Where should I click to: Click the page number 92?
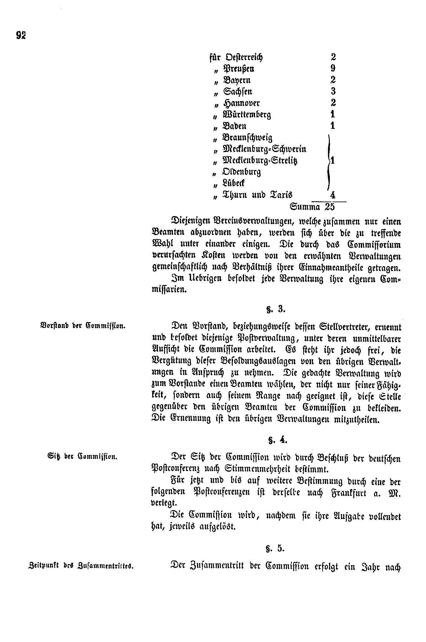coord(21,35)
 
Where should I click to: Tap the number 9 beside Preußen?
coord(333,68)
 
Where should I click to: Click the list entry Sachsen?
coord(237,92)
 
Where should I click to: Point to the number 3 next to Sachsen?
coord(333,91)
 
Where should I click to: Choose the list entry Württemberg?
coord(247,115)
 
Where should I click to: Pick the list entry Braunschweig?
coord(247,138)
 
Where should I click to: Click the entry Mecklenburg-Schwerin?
coord(264,149)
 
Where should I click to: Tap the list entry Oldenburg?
coord(241,172)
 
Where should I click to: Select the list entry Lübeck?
coord(233,183)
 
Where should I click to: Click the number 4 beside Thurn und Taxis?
coord(333,195)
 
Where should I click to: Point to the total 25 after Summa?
coord(330,207)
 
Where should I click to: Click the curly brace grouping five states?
coord(328,160)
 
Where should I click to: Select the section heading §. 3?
coord(276,310)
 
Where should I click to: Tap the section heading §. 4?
coord(276,440)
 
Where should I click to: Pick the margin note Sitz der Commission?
coord(81,456)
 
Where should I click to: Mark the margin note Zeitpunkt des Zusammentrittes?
coord(81,566)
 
